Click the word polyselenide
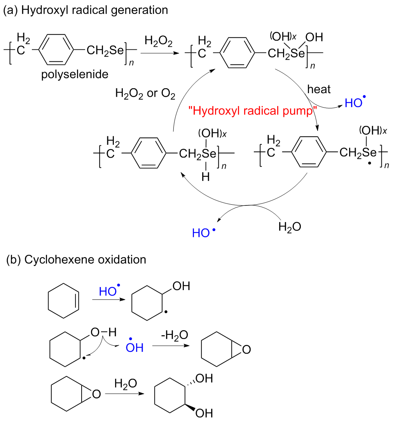tap(75, 74)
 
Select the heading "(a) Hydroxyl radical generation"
tap(86, 10)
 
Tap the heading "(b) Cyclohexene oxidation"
tap(76, 259)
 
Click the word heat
tap(319, 89)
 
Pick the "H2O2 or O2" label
tap(145, 94)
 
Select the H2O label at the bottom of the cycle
tap(290, 226)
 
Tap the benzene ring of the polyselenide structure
tap(56, 50)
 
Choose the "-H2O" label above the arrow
tap(175, 335)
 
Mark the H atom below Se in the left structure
tap(206, 177)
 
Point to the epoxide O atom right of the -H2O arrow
tap(245, 350)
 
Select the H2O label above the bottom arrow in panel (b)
tap(126, 384)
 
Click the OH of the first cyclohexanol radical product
tap(182, 287)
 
